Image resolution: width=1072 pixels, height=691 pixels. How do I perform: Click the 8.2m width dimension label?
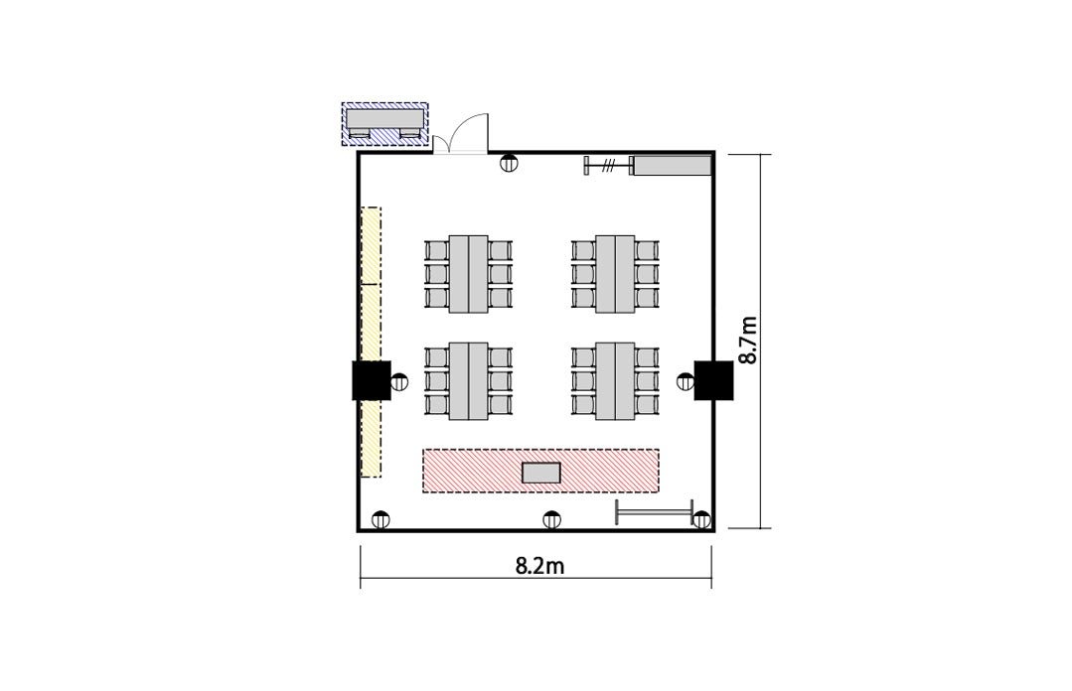[539, 566]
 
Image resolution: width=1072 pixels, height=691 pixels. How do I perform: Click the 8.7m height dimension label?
[749, 341]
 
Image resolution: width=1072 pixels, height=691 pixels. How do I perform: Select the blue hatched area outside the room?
[384, 124]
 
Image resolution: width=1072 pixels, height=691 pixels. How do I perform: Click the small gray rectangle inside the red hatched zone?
[541, 473]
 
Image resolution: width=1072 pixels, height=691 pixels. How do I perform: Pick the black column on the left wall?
[372, 380]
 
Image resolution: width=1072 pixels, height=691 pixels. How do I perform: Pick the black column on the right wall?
[713, 380]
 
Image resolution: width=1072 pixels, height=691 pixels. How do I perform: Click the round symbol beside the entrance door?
[508, 164]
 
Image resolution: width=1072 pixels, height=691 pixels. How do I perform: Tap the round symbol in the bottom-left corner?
[381, 520]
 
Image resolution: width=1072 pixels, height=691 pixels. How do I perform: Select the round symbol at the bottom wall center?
[551, 520]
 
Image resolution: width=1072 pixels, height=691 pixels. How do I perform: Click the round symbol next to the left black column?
[400, 382]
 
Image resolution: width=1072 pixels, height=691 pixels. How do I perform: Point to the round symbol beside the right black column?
[686, 382]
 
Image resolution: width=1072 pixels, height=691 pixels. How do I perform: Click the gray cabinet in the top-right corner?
[673, 166]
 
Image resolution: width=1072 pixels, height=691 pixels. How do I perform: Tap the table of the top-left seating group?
[468, 274]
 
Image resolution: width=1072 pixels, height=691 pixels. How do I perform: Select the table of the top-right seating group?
[615, 274]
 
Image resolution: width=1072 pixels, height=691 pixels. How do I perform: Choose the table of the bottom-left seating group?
[468, 380]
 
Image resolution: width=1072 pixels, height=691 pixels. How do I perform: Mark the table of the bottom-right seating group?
[615, 380]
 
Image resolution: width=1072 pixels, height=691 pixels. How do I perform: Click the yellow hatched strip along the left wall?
[371, 342]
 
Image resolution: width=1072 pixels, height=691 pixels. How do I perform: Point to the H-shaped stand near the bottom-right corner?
[655, 512]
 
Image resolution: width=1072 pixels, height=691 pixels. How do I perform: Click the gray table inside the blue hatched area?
[384, 118]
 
